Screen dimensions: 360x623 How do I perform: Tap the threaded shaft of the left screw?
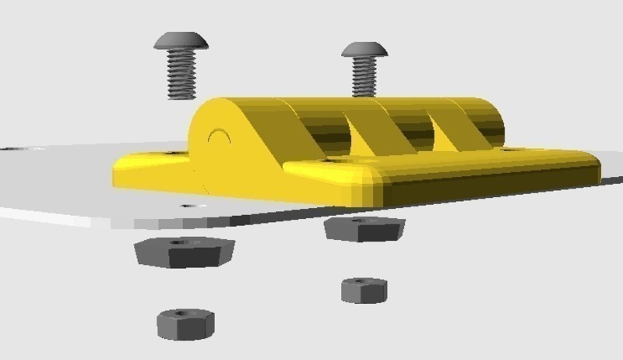point(180,74)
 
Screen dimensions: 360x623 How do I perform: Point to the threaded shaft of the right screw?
point(364,79)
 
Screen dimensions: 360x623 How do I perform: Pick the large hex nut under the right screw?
point(364,228)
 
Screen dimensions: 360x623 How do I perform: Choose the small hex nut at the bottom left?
point(185,323)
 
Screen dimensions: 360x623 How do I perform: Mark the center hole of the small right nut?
point(362,281)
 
